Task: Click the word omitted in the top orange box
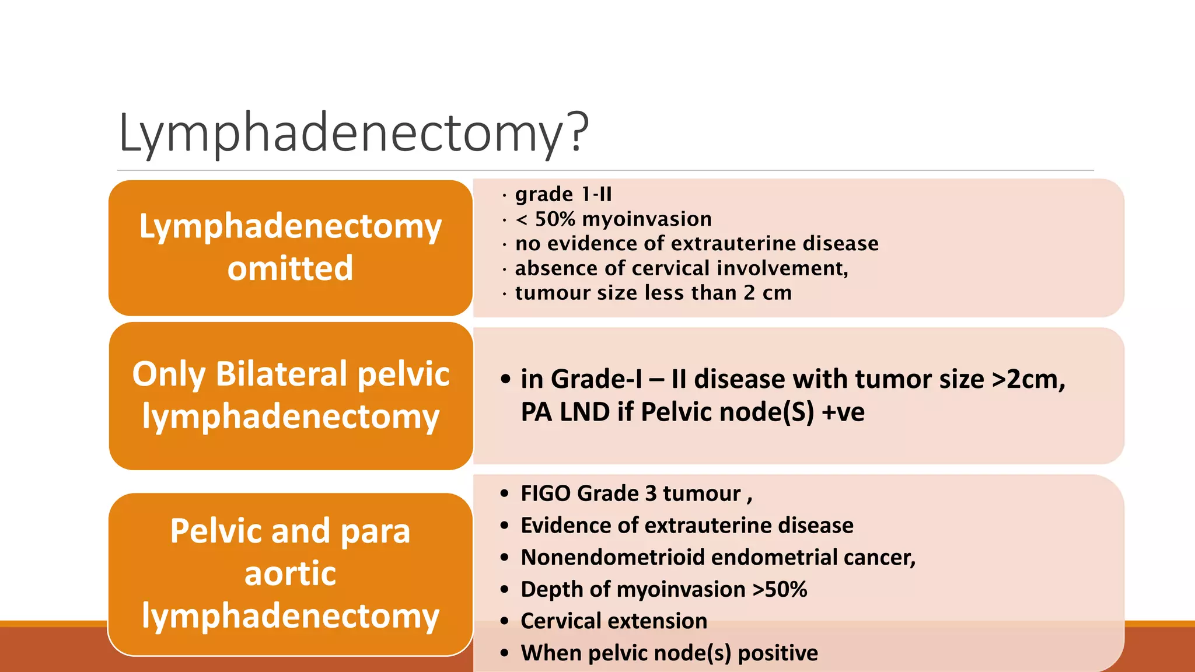[x=290, y=268]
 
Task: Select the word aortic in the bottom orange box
[x=290, y=573]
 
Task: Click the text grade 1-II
[x=563, y=194]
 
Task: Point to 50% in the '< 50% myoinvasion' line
[x=555, y=219]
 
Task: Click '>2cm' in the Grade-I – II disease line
[x=1028, y=379]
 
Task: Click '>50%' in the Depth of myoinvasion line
[x=780, y=589]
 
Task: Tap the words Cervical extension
[x=613, y=621]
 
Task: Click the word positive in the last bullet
[x=778, y=653]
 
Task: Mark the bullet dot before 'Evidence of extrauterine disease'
[x=505, y=526]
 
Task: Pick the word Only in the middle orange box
[x=169, y=374]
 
